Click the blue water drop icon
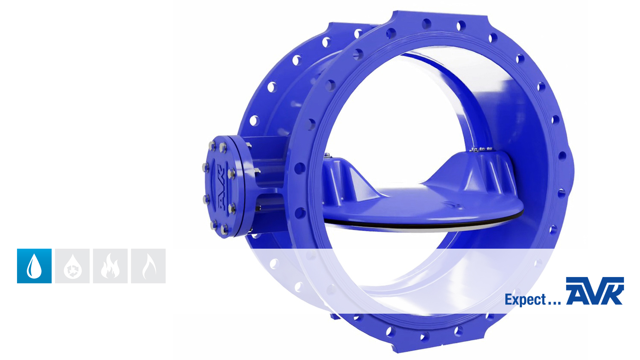(x=34, y=266)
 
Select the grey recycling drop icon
(x=72, y=266)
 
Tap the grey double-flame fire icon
(x=110, y=266)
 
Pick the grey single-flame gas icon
(x=148, y=266)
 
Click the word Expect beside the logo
(x=525, y=299)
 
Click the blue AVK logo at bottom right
(x=595, y=291)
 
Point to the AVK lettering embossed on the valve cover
(x=221, y=187)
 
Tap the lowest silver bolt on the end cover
(x=224, y=229)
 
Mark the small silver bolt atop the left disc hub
(x=327, y=155)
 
